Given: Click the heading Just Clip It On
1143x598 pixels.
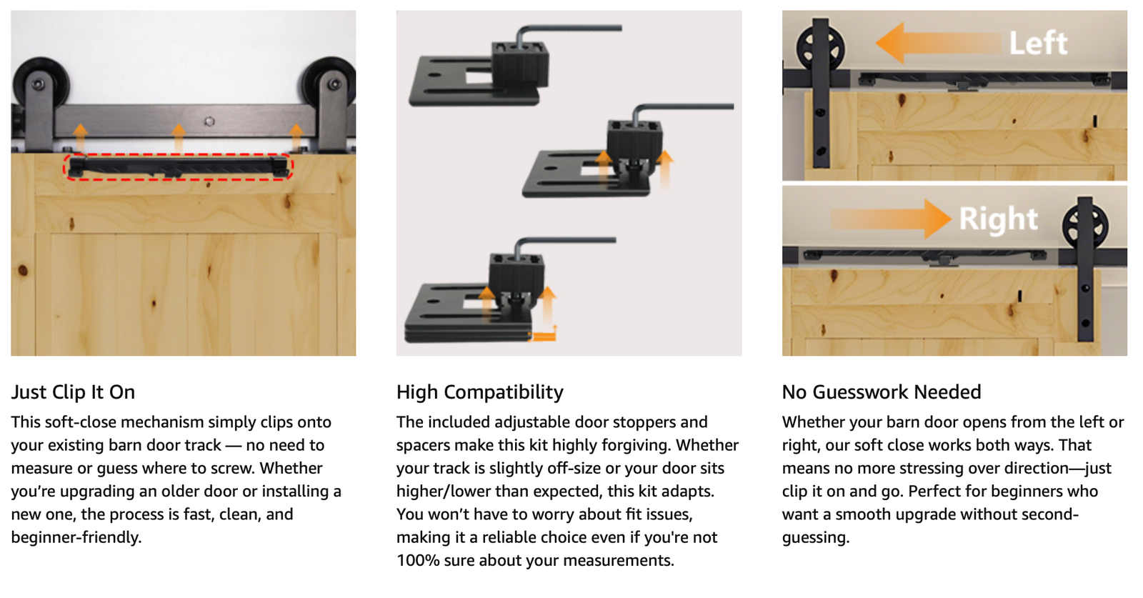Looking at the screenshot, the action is click(73, 392).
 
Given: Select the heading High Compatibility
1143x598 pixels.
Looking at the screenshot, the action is click(479, 392).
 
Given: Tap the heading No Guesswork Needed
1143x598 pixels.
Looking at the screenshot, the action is click(882, 392).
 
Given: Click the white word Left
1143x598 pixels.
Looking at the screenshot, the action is click(1038, 43).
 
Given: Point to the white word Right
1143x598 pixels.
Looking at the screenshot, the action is click(998, 219).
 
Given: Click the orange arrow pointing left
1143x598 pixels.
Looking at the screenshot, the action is click(938, 43).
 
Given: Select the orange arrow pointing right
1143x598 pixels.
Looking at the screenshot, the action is click(891, 219).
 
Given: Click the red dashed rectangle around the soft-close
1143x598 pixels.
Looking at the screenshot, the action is click(178, 155).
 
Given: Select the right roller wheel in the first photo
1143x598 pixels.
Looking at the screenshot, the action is click(331, 81).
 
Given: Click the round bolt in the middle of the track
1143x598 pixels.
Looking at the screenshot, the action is click(209, 121).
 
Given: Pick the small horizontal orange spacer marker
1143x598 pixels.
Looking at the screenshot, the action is click(541, 337).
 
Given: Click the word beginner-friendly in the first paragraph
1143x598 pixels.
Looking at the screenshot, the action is click(76, 537).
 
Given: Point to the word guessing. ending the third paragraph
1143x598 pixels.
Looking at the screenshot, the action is click(815, 538).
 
